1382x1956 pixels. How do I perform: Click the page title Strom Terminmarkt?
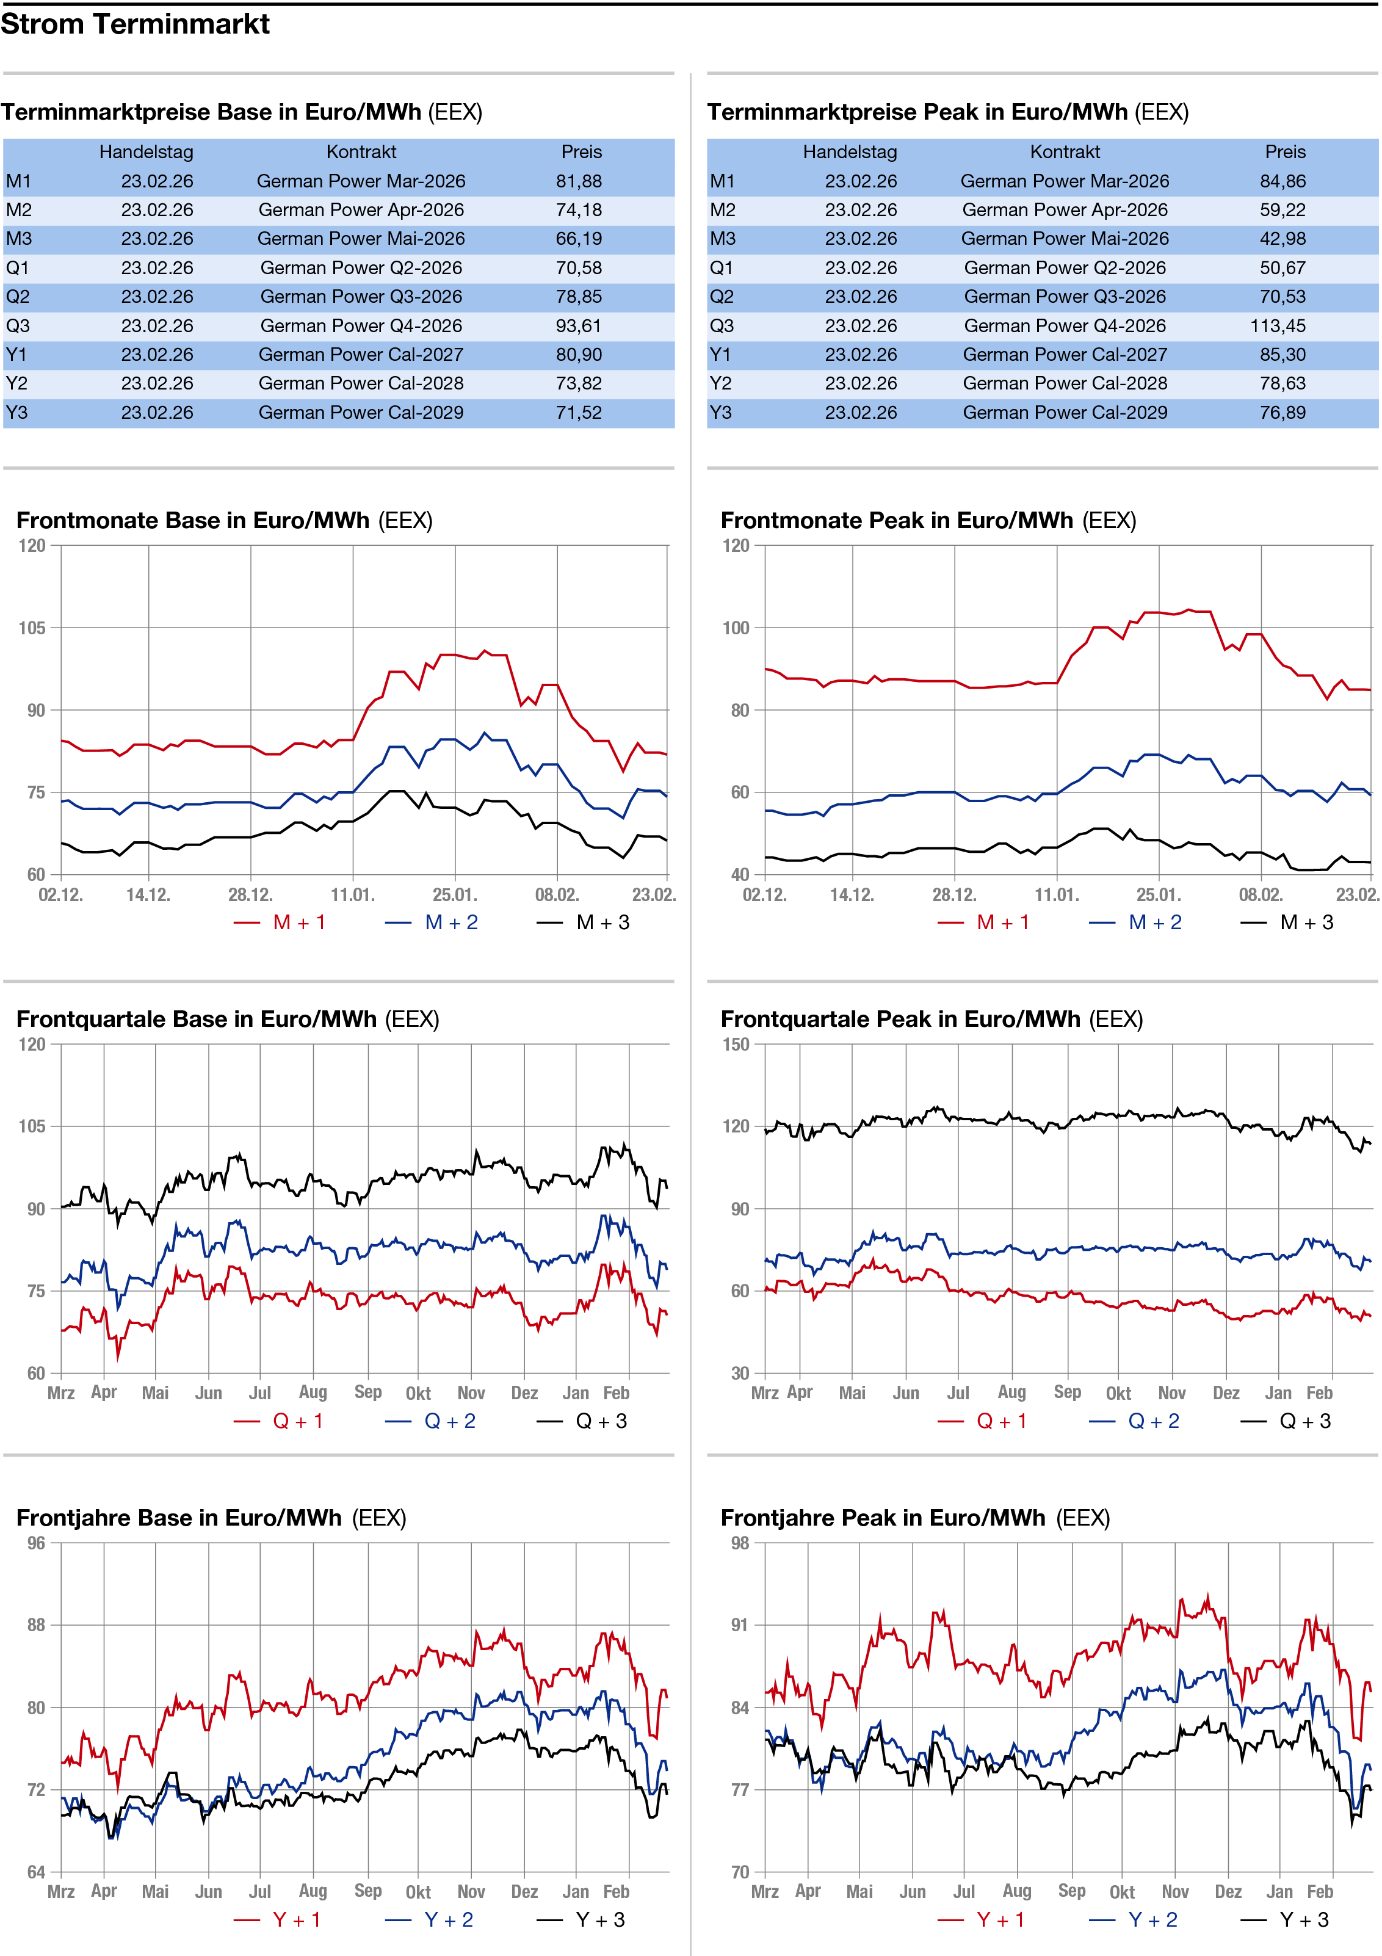(x=135, y=24)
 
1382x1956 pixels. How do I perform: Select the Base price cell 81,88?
(x=579, y=181)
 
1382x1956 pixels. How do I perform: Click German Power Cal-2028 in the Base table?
(x=361, y=384)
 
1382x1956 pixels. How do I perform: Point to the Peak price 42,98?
(x=1283, y=239)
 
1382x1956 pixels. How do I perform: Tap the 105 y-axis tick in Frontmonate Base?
(x=32, y=628)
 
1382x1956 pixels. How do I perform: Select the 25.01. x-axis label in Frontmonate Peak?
(x=1158, y=896)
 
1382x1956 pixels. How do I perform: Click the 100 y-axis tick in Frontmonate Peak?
(x=736, y=628)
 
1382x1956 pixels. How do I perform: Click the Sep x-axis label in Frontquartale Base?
(x=368, y=1392)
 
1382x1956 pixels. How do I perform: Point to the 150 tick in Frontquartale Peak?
(x=736, y=1045)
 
